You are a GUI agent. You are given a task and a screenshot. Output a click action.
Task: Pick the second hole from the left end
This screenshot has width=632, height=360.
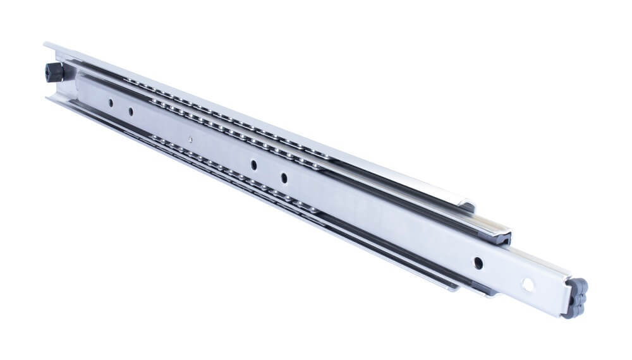click(131, 112)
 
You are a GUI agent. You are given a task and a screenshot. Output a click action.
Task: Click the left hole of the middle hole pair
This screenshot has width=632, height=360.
click(253, 164)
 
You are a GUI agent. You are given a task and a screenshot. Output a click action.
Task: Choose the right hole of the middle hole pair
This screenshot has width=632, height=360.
click(284, 177)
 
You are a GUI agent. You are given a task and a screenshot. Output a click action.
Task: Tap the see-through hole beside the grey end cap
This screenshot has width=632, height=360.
click(526, 284)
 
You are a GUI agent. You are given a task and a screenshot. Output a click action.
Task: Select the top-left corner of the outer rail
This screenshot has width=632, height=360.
click(45, 44)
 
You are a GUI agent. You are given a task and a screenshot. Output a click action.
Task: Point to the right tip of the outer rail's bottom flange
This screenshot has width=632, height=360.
click(453, 290)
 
